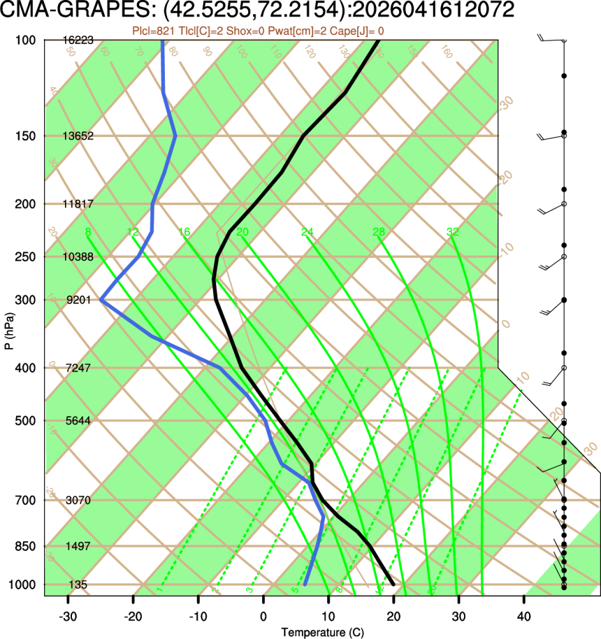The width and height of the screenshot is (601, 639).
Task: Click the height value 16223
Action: [78, 41]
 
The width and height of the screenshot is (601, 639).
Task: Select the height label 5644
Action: [78, 421]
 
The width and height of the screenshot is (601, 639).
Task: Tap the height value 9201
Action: [78, 300]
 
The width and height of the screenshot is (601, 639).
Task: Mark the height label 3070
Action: [78, 501]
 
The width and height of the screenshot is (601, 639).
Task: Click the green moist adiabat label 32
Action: [452, 232]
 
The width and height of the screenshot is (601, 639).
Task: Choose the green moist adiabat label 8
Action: [87, 232]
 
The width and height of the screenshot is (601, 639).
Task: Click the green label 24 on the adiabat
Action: [308, 232]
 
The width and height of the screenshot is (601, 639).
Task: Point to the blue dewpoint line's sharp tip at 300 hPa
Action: [101, 300]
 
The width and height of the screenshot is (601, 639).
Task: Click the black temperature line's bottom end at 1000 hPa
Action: [393, 584]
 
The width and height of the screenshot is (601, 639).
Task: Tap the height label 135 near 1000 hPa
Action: [78, 584]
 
